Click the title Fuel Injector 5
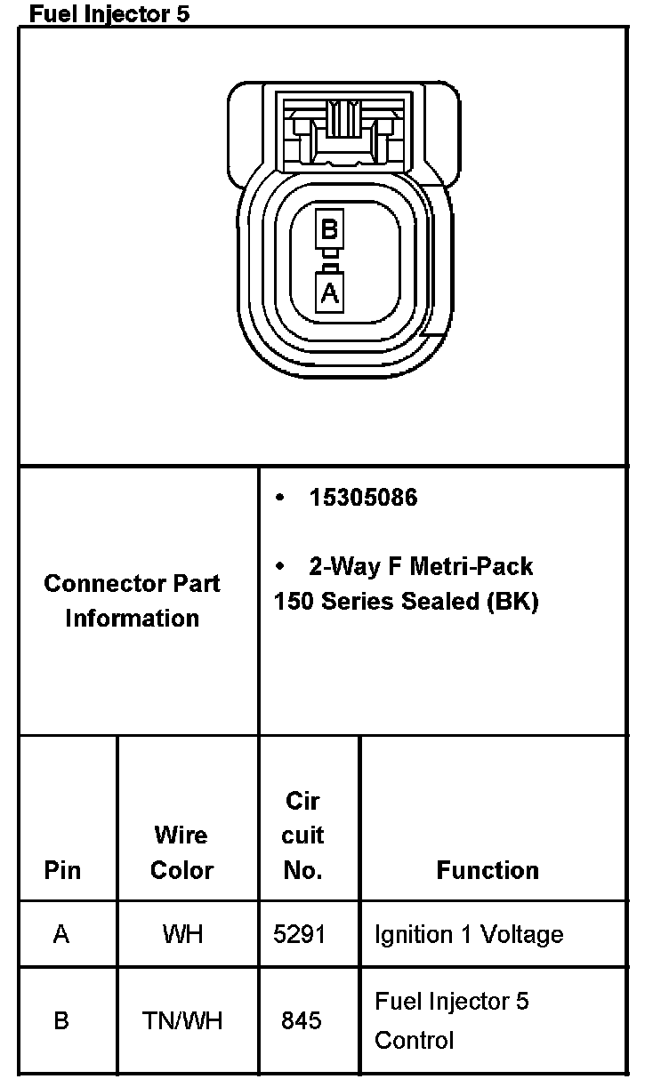(109, 13)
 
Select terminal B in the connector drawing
(329, 230)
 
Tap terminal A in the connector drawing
(329, 292)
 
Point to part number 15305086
(363, 498)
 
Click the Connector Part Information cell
(132, 601)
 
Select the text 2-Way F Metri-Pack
(421, 566)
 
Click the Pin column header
(61, 870)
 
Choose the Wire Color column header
(181, 852)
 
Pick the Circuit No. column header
(303, 835)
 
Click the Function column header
(488, 870)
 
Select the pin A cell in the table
(61, 934)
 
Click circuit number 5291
(302, 934)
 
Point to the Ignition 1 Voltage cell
(469, 934)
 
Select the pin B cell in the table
(61, 1020)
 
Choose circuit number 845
(302, 1020)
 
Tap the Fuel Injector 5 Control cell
(452, 1020)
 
